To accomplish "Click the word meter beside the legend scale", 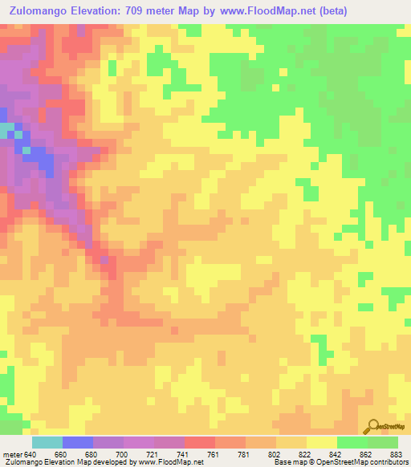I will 12,454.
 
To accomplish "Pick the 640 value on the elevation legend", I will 31,454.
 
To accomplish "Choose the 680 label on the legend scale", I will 92,454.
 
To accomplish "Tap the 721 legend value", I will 153,454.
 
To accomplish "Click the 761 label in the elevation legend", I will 214,454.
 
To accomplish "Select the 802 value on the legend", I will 275,454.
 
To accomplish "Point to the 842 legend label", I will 336,454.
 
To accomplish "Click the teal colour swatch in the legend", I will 47,442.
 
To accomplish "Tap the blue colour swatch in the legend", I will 77,442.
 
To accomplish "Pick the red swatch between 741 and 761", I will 199,442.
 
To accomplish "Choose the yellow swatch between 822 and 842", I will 321,442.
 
